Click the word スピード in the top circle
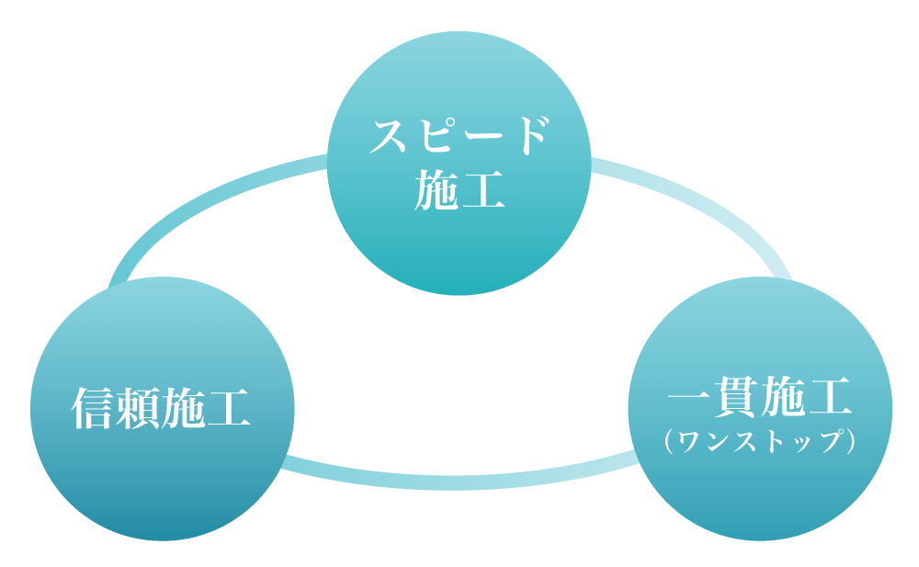[x=459, y=138]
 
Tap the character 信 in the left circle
[x=95, y=408]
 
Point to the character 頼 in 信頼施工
[x=140, y=408]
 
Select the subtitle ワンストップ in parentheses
[x=760, y=442]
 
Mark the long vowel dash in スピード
[x=482, y=138]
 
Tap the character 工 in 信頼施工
[x=229, y=408]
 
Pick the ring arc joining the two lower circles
[x=459, y=481]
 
